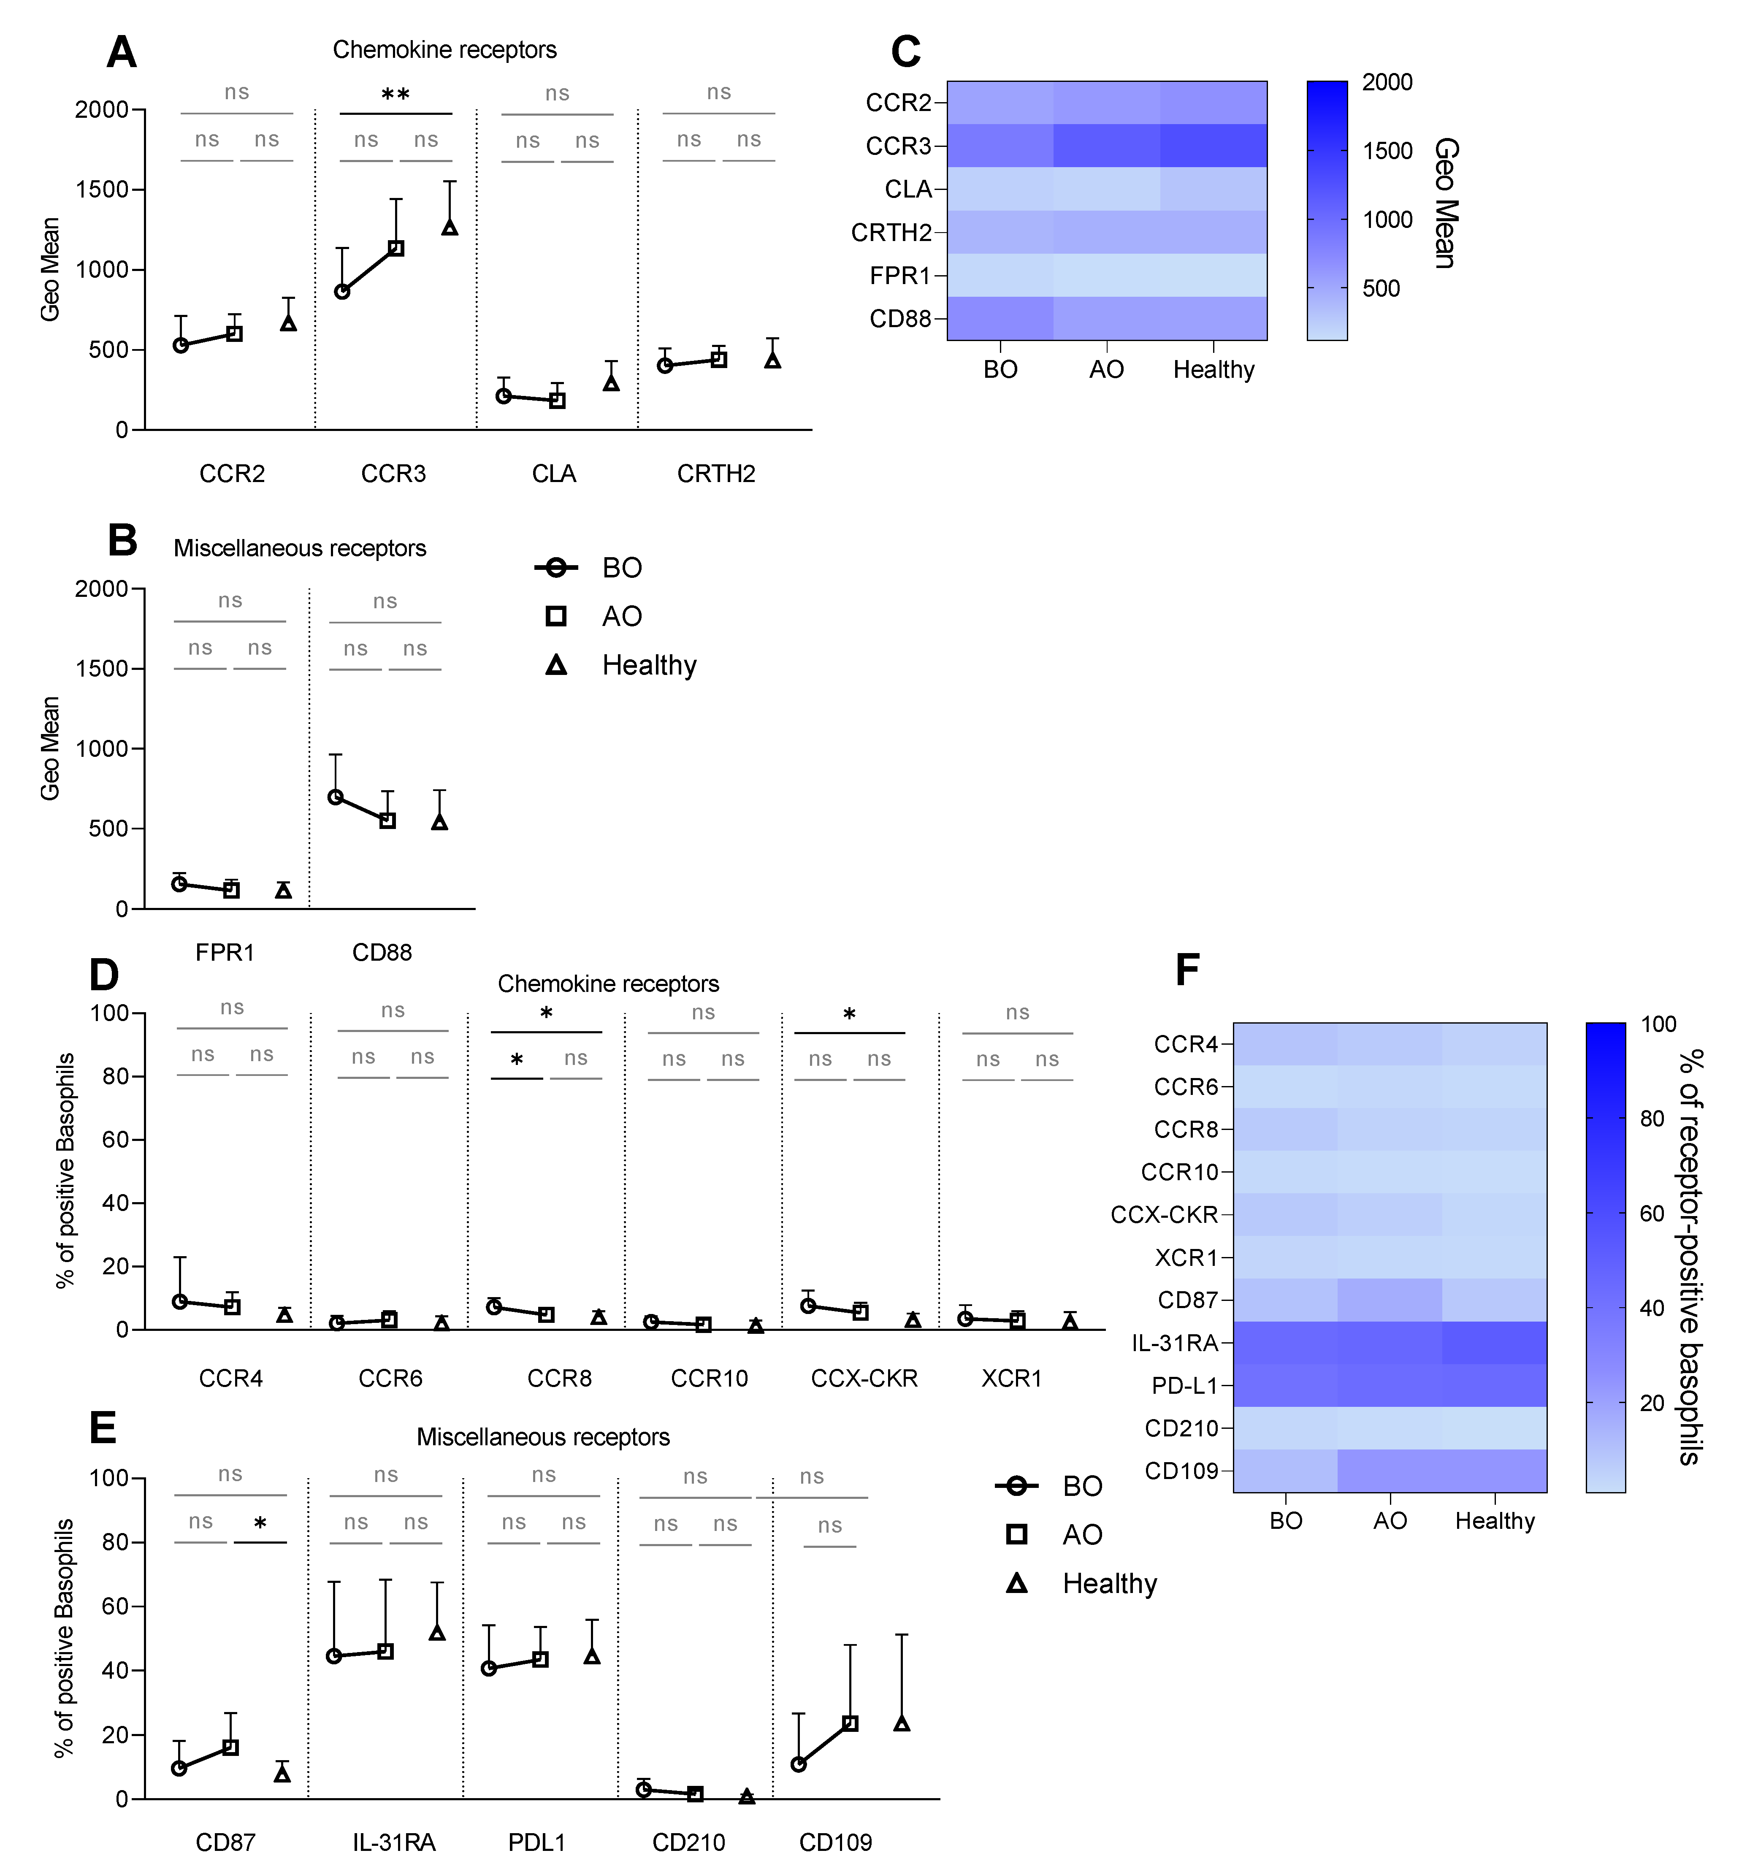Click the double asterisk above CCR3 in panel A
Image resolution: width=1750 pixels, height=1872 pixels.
[396, 95]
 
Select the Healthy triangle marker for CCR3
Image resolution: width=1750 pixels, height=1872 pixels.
[450, 227]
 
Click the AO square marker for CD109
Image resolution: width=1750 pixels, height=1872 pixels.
[850, 1723]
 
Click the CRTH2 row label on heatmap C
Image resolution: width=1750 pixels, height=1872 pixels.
[891, 233]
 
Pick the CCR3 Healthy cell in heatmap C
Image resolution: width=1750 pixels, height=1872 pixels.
[1213, 146]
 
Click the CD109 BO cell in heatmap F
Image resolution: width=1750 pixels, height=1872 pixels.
[1286, 1471]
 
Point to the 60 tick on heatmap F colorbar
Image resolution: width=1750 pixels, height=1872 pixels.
[1652, 1214]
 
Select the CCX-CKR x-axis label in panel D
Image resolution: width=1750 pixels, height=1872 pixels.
[864, 1379]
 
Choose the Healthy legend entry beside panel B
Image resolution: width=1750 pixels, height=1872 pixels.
[649, 666]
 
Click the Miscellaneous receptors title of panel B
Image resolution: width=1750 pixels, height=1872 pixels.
[300, 548]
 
